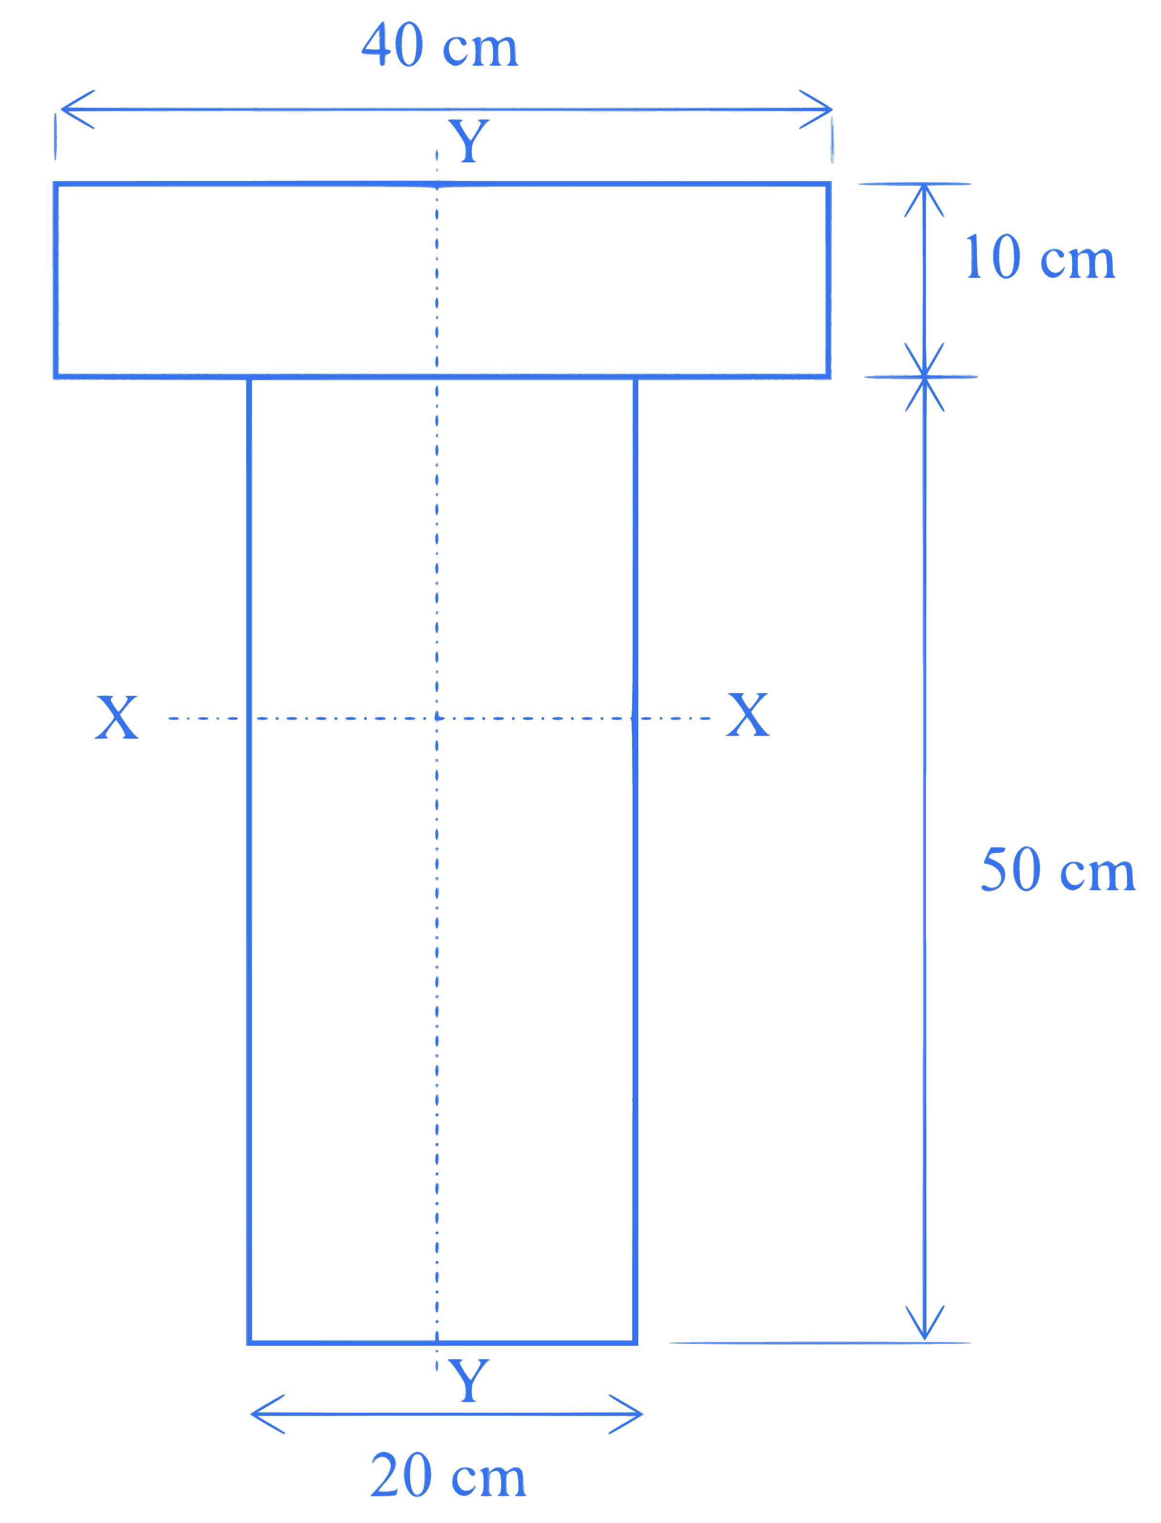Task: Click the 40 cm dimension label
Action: click(440, 45)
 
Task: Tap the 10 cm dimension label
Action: click(1040, 257)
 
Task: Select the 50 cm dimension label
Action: click(1058, 870)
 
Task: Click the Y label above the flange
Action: click(469, 141)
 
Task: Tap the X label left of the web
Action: click(117, 717)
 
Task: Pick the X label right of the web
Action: click(748, 714)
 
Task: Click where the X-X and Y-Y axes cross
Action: click(437, 718)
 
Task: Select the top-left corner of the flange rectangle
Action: click(56, 184)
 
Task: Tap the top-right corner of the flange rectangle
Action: click(828, 184)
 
